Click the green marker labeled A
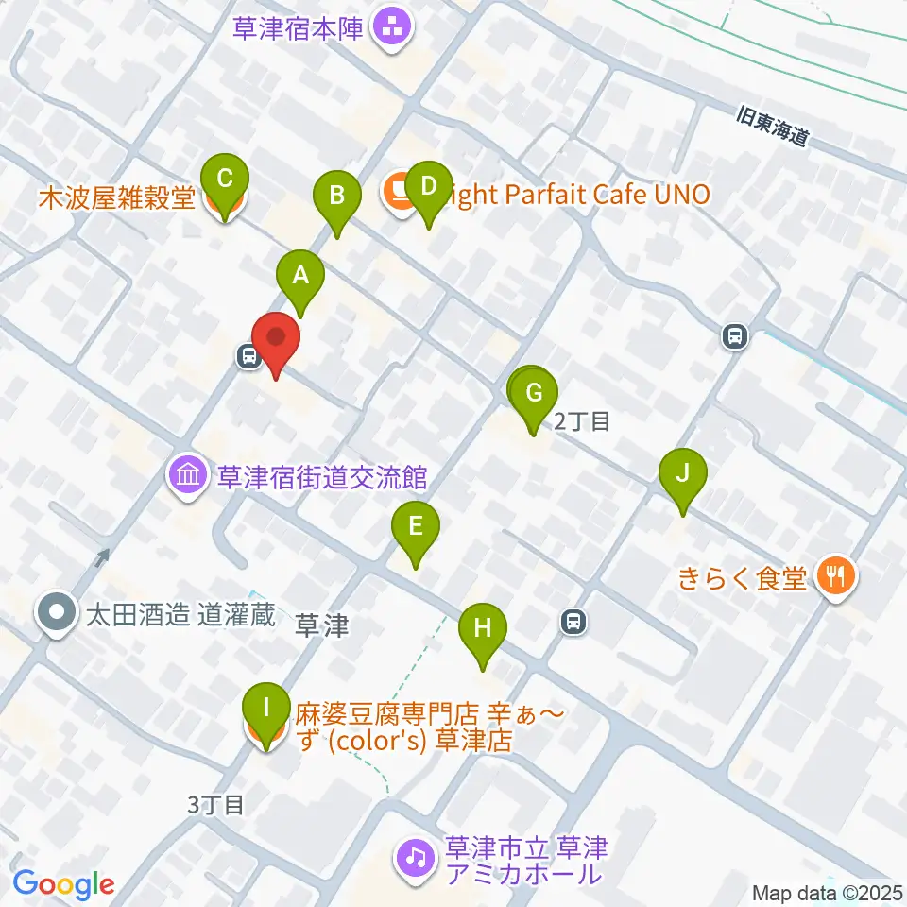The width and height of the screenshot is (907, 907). click(x=300, y=276)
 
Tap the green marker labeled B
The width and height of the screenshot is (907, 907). click(x=336, y=196)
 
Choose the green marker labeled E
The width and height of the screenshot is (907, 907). click(x=415, y=527)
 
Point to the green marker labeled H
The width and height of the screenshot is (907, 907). click(x=483, y=628)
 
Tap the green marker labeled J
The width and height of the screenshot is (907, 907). click(x=683, y=472)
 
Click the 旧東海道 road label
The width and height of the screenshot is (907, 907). click(x=773, y=125)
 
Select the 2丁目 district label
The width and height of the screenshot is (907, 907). click(x=581, y=421)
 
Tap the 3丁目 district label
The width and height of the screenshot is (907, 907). click(x=216, y=804)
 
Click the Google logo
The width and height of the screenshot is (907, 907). click(x=63, y=884)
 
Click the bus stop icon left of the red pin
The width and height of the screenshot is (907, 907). click(x=249, y=356)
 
